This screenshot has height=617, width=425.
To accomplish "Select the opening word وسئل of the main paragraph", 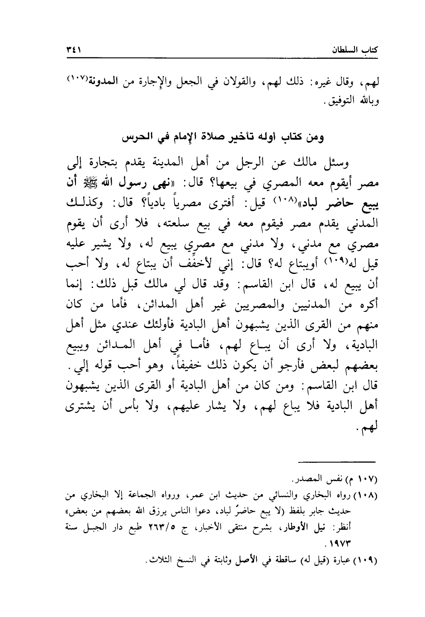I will [x=346, y=163].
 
